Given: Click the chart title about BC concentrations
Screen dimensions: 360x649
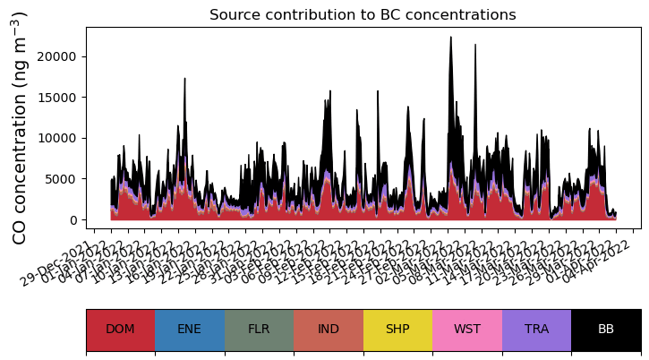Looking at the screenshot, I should tap(363, 15).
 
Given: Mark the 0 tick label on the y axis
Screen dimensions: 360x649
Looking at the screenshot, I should tap(76, 220).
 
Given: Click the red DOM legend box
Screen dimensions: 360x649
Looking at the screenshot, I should tap(120, 330).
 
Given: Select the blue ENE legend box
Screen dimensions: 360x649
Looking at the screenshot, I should tap(190, 330).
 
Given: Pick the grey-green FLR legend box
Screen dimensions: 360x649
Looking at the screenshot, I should tap(259, 330).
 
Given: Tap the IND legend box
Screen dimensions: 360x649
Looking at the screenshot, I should tap(329, 330).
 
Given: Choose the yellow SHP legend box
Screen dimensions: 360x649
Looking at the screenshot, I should tap(397, 330).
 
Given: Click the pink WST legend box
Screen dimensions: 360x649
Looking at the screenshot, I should tap(467, 330).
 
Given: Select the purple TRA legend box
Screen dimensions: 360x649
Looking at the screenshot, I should tap(536, 330).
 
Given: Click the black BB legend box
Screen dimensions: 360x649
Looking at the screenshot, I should tap(606, 330).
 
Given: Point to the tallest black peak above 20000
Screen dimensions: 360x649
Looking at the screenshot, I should tap(450, 39).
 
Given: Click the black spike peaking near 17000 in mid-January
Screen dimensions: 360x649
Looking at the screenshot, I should tap(184, 80).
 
